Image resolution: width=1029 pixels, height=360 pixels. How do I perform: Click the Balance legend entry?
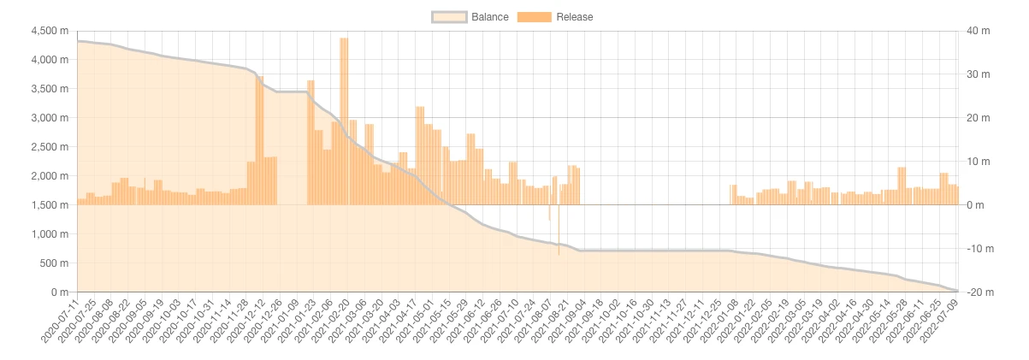pyautogui.click(x=470, y=16)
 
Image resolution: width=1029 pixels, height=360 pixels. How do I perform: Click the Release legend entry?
pyautogui.click(x=555, y=16)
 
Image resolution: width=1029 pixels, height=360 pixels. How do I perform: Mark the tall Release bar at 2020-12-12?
pyautogui.click(x=259, y=141)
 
